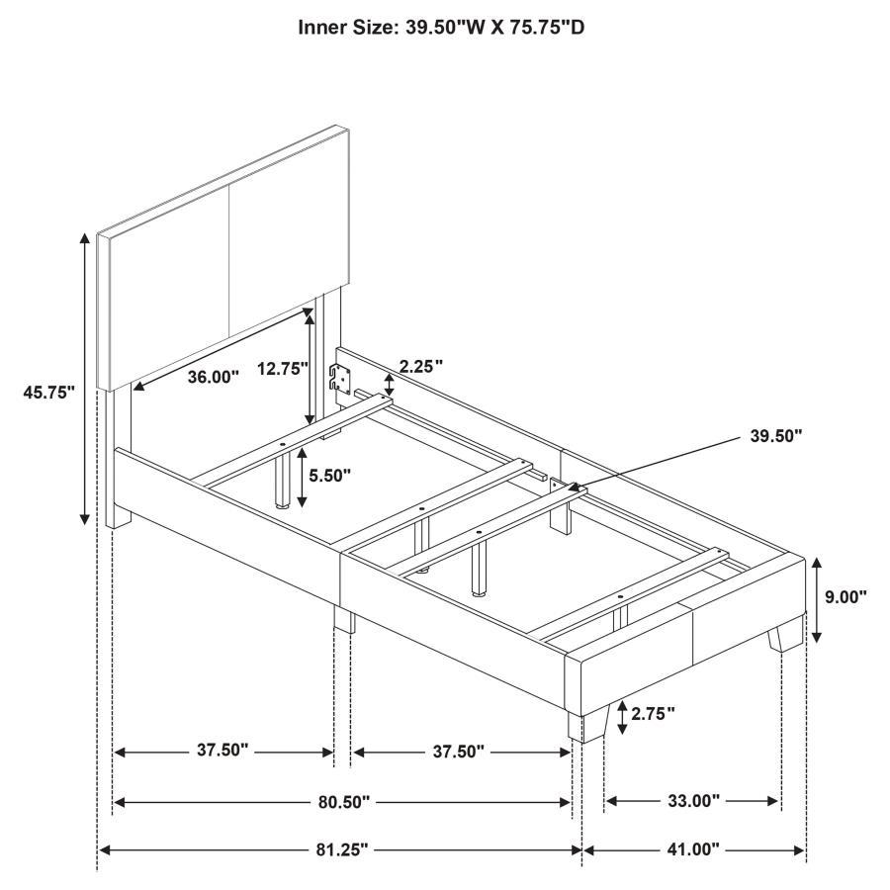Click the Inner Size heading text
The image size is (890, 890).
tap(442, 28)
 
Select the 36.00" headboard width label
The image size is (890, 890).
tap(214, 377)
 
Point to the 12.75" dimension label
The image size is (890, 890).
tap(284, 369)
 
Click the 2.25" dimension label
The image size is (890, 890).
tap(420, 366)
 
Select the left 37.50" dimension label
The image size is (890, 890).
tap(222, 752)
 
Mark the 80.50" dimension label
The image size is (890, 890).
tap(343, 801)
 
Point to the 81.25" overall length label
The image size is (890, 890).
tap(342, 849)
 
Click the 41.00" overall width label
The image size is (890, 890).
tap(692, 849)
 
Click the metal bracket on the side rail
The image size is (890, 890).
tap(340, 379)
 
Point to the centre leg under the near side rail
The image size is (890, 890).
tap(344, 620)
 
